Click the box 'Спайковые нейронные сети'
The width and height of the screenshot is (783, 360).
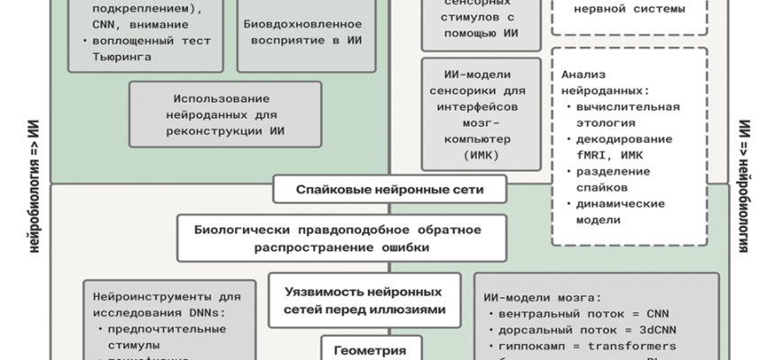(390, 190)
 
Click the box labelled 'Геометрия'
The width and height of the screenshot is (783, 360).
(364, 350)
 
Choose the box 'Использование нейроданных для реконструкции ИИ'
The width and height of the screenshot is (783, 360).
(226, 113)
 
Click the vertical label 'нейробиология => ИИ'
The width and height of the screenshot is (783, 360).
(33, 184)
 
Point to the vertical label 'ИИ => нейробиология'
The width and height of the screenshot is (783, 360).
(744, 184)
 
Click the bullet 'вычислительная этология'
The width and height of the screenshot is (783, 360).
(622, 114)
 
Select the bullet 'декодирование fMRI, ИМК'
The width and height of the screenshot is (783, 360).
(620, 147)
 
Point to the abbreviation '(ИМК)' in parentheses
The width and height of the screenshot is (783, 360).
(481, 156)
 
